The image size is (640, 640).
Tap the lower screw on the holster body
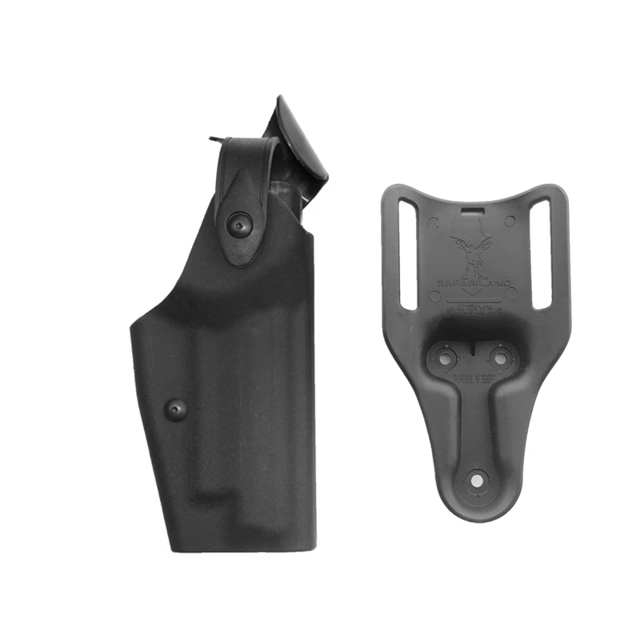click(175, 410)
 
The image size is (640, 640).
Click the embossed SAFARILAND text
click(476, 282)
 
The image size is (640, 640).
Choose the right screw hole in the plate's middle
click(500, 358)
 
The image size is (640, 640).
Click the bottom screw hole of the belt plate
click(478, 480)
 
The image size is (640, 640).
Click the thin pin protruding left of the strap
click(214, 141)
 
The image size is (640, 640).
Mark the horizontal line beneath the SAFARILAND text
click(476, 294)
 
